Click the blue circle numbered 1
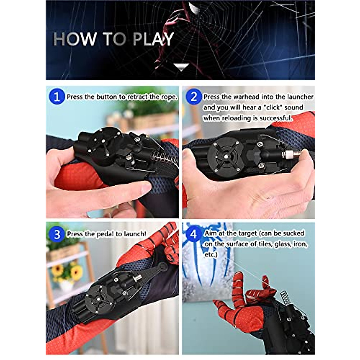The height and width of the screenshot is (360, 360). click(x=57, y=97)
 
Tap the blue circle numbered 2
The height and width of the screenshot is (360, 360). click(x=194, y=97)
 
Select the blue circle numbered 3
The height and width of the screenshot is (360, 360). click(x=57, y=234)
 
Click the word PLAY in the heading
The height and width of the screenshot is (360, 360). click(x=153, y=39)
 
